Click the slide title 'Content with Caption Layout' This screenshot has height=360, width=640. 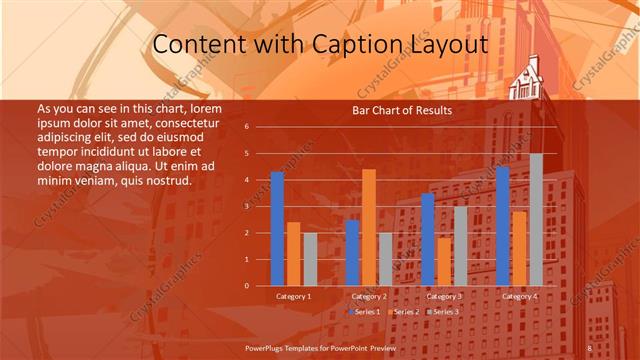point(320,45)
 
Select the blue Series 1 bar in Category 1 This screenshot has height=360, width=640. point(277,229)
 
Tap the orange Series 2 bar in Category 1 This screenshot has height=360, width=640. point(293,254)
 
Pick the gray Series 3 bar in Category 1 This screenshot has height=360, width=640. point(310,259)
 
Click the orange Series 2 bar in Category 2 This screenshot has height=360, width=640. point(369,228)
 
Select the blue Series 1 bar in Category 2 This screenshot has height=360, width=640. point(352,253)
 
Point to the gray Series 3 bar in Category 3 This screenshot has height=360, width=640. point(460,246)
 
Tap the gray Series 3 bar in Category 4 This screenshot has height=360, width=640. point(536,220)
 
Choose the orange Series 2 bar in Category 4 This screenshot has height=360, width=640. point(519,248)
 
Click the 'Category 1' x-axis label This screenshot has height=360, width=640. point(293,297)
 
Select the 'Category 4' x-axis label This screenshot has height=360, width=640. point(519,297)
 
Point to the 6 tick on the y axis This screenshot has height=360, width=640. point(247,127)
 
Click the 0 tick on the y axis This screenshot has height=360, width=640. point(247,286)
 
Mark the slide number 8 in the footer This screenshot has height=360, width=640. point(590,347)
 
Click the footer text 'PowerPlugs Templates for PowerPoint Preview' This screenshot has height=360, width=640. point(321,347)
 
